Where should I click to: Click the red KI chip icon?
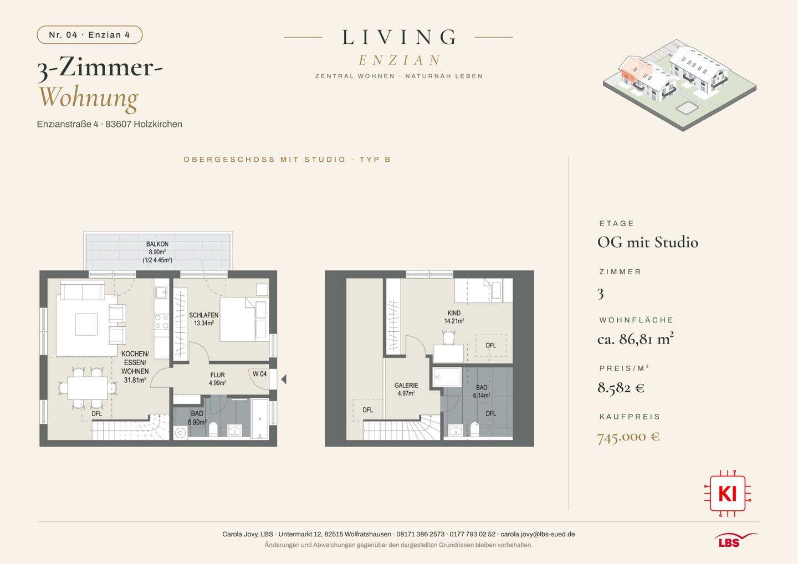click(x=728, y=493)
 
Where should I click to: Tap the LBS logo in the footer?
click(x=736, y=540)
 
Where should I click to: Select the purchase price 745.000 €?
click(x=628, y=437)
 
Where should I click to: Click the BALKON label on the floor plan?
click(x=157, y=244)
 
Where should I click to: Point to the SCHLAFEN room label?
click(x=203, y=315)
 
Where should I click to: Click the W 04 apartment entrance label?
click(x=260, y=374)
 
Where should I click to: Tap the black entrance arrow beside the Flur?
click(x=284, y=380)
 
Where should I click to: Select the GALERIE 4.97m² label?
click(x=406, y=389)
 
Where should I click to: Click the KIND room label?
click(x=454, y=313)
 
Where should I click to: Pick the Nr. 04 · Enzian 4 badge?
click(x=89, y=35)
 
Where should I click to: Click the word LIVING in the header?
click(x=398, y=37)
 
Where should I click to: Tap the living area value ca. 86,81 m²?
click(x=636, y=339)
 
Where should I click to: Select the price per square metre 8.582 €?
click(x=621, y=388)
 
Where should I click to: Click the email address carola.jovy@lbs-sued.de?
click(x=538, y=534)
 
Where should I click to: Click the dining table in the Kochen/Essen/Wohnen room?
click(x=88, y=388)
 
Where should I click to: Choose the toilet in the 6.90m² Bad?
click(x=213, y=429)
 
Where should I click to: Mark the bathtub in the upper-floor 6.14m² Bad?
click(x=447, y=378)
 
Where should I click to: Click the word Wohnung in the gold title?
click(x=89, y=98)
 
